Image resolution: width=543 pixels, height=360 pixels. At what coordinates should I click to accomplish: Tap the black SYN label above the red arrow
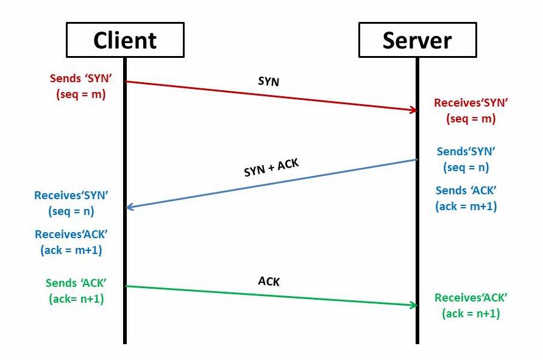(x=269, y=82)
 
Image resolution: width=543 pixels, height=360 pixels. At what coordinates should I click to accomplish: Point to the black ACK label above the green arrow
(x=269, y=281)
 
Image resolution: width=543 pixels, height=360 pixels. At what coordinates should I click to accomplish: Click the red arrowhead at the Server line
(x=413, y=110)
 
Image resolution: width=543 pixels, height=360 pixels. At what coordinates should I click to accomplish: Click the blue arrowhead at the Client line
(x=130, y=207)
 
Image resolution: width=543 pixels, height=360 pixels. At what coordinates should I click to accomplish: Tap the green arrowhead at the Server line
(x=413, y=305)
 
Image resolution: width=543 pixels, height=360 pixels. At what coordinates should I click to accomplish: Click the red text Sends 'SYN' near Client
(x=80, y=78)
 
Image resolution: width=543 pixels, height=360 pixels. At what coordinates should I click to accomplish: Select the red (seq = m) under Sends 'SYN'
(x=80, y=94)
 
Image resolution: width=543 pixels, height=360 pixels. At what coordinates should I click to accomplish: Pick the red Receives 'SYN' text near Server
(x=470, y=103)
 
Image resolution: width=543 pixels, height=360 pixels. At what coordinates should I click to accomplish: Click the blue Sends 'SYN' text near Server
(x=466, y=151)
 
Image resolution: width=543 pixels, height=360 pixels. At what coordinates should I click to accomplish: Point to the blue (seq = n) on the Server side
(x=466, y=168)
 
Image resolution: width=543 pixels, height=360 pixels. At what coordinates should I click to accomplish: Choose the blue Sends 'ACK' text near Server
(x=466, y=191)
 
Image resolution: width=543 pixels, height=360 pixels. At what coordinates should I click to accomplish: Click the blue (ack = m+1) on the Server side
(x=466, y=206)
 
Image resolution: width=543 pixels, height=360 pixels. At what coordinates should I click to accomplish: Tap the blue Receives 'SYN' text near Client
(x=71, y=196)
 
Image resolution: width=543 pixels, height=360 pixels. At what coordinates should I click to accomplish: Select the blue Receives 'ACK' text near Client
(x=71, y=235)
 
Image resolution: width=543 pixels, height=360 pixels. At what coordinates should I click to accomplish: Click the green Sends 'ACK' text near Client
(x=76, y=283)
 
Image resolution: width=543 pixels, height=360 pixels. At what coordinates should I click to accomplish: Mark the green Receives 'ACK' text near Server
(x=470, y=298)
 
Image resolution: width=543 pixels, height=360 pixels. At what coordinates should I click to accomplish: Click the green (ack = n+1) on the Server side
(x=470, y=314)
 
